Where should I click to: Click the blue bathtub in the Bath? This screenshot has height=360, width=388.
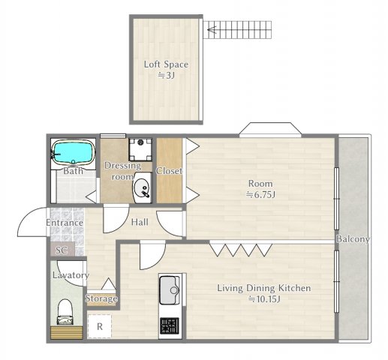point(74,153)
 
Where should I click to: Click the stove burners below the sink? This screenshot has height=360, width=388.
point(170,326)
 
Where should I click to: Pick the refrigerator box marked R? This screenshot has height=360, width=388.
point(98,327)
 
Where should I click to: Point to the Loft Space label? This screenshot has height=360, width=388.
point(166,64)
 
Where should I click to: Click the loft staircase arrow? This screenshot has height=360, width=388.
point(213,31)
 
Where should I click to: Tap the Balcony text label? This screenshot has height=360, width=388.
point(352,239)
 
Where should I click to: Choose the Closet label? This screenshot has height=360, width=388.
point(169,171)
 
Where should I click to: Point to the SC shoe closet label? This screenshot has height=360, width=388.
point(61,250)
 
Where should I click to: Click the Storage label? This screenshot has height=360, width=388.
point(101,298)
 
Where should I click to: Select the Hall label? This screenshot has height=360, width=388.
point(140,222)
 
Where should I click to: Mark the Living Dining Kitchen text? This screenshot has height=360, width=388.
point(263,288)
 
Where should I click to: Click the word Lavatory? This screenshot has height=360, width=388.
point(71,275)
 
